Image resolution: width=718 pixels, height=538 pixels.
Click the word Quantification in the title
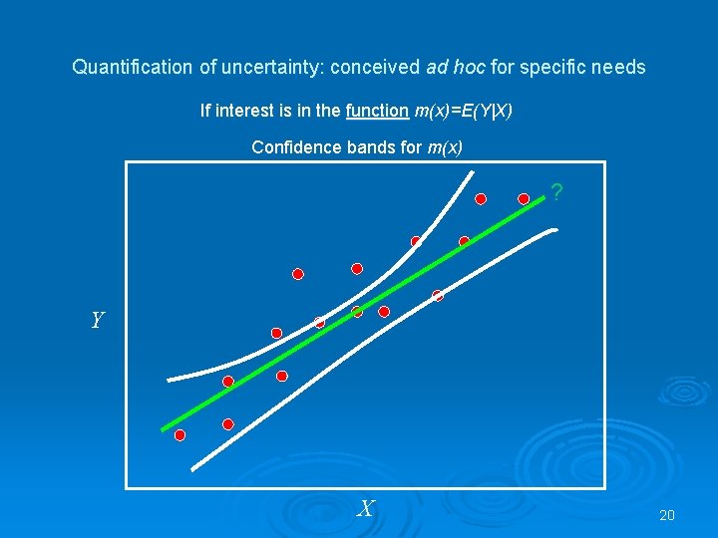click(131, 68)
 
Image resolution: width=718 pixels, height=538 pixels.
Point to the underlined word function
click(377, 110)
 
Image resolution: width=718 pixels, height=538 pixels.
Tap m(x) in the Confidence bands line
click(445, 147)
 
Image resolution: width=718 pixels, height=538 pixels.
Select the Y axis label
click(96, 320)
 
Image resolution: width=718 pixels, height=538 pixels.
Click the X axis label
click(366, 509)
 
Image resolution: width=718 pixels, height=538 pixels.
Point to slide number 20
click(667, 515)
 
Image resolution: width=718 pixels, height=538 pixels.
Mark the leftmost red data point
click(179, 435)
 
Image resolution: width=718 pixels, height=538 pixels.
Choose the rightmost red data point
click(524, 199)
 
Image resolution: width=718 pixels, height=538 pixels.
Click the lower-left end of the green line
click(164, 428)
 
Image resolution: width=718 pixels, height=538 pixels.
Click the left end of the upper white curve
click(170, 380)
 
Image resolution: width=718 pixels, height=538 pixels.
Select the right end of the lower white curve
click(555, 230)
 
